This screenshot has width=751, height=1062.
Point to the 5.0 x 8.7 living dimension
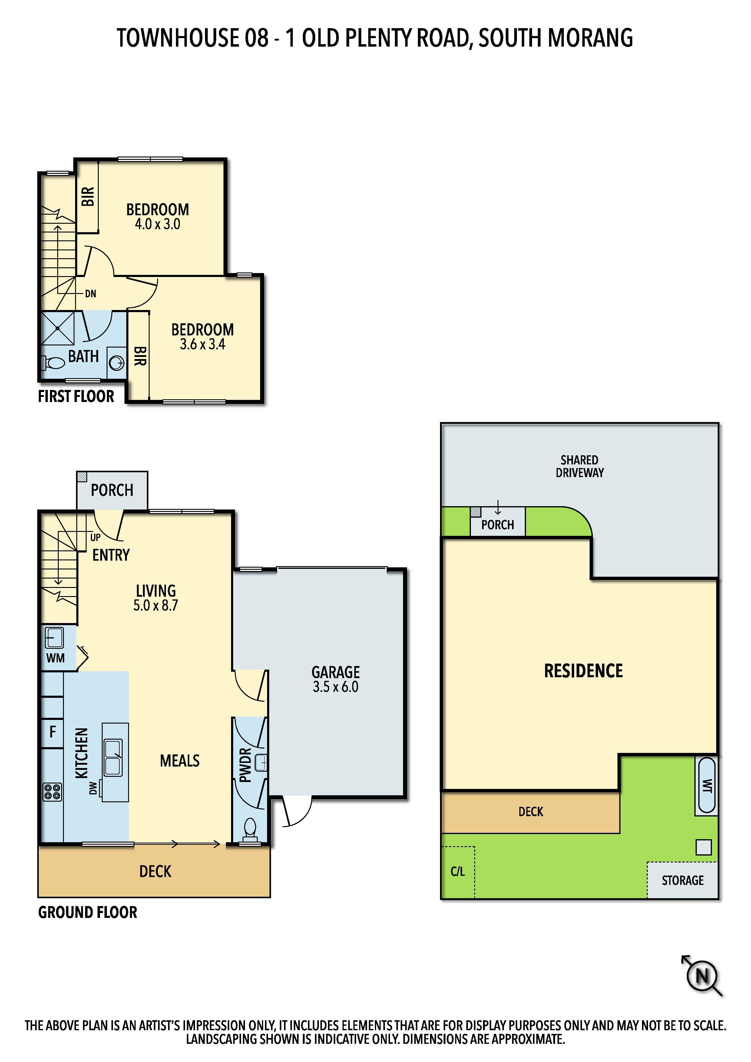pyautogui.click(x=155, y=605)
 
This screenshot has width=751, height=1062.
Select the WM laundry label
pyautogui.click(x=55, y=658)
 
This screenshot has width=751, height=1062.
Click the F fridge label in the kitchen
pyautogui.click(x=53, y=732)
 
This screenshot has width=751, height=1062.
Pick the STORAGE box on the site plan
pyautogui.click(x=683, y=880)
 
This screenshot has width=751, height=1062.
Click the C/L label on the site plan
pyautogui.click(x=458, y=872)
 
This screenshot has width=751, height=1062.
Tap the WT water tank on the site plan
pyautogui.click(x=706, y=785)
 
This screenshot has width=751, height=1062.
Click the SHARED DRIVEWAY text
pyautogui.click(x=580, y=466)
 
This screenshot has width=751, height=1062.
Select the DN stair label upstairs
pyautogui.click(x=91, y=294)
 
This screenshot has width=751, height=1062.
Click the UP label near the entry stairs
pyautogui.click(x=95, y=537)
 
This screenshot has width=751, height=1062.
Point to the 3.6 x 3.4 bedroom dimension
pyautogui.click(x=203, y=345)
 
